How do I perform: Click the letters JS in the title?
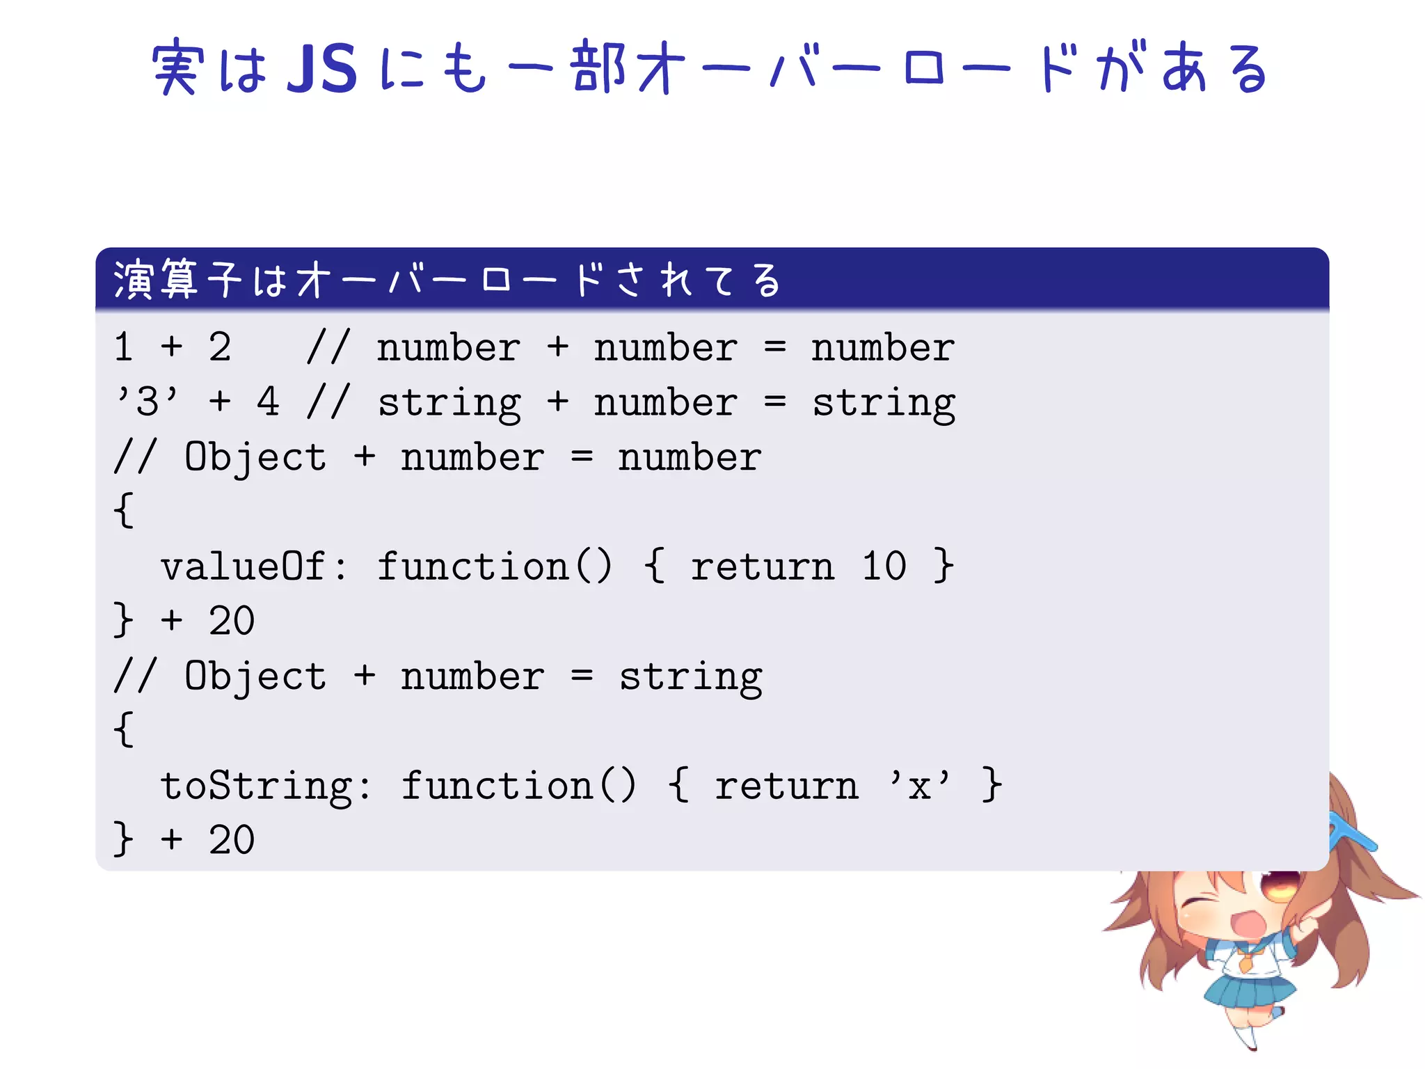(x=322, y=69)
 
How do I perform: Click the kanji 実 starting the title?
(x=177, y=68)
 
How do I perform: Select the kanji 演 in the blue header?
(x=133, y=280)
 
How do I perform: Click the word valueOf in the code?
(x=243, y=566)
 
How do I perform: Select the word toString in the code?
(x=256, y=786)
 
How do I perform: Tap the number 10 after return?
(x=884, y=566)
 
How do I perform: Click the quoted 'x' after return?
(x=919, y=786)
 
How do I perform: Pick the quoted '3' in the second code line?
(x=148, y=402)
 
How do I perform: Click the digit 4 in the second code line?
(x=268, y=402)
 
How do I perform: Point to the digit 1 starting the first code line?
(x=124, y=347)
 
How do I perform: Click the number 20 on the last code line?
(x=232, y=840)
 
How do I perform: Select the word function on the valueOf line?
(x=473, y=566)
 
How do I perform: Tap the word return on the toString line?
(x=786, y=786)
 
